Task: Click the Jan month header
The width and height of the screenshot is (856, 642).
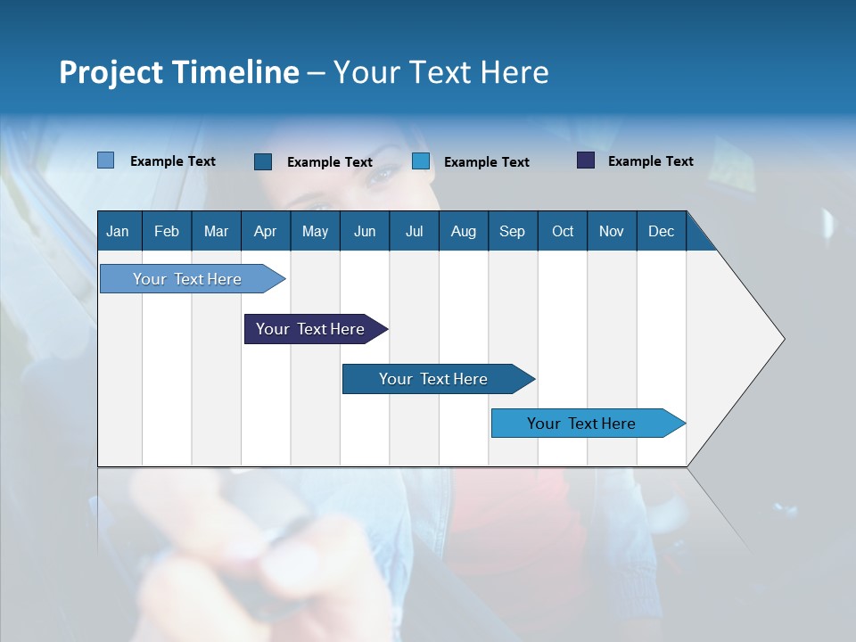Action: tap(119, 231)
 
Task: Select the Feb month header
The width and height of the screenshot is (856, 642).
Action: tap(167, 231)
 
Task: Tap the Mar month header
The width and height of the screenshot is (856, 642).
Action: tap(216, 231)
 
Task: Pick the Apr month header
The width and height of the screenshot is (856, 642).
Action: tap(266, 231)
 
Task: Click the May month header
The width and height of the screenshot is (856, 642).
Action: tap(315, 231)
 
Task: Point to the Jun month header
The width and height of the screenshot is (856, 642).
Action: tap(365, 231)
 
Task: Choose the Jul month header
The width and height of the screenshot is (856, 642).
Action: tap(414, 231)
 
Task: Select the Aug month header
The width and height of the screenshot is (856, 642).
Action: tap(464, 231)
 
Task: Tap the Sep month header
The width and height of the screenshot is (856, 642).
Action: tap(513, 231)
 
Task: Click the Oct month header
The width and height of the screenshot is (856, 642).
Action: tap(563, 231)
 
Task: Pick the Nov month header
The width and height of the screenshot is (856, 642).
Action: tap(612, 231)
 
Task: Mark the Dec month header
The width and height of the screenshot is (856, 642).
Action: tap(662, 231)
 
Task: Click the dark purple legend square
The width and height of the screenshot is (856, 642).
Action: tap(586, 160)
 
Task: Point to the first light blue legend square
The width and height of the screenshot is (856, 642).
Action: tap(105, 160)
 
